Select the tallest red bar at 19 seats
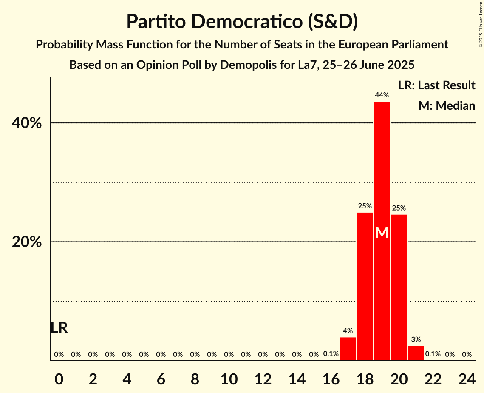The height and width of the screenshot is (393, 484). click(382, 170)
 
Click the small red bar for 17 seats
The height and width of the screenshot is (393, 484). click(348, 349)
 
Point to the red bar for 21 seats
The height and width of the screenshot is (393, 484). click(416, 353)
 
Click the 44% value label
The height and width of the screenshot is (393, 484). click(382, 95)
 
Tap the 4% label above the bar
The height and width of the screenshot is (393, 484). click(348, 331)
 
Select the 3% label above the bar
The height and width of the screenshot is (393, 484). click(416, 339)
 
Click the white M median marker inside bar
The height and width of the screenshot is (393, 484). click(382, 233)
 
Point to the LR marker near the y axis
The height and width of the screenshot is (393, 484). click(59, 328)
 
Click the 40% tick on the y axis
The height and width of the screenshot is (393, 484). click(26, 123)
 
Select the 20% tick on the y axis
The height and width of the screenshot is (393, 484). click(26, 242)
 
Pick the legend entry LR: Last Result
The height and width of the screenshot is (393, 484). click(436, 85)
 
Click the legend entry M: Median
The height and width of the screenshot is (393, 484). click(447, 106)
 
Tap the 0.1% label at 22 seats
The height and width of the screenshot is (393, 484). click(433, 354)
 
